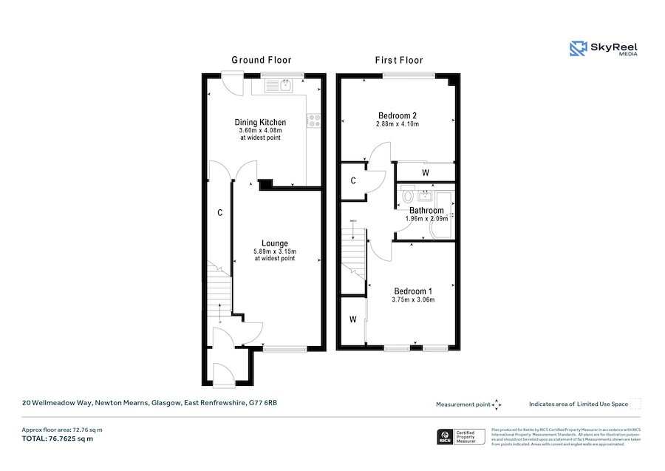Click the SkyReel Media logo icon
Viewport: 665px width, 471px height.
tap(577, 49)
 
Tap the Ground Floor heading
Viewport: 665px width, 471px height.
tap(261, 60)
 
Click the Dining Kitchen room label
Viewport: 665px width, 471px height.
tap(260, 122)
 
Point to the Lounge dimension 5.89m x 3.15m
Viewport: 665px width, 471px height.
tap(274, 251)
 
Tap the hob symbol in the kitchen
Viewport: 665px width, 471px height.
tap(313, 120)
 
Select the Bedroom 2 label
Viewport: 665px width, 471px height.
tap(398, 115)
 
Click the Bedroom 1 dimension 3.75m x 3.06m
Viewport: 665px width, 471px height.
tap(413, 299)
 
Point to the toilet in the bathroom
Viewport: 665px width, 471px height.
tap(407, 197)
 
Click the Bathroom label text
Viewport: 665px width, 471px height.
tap(426, 210)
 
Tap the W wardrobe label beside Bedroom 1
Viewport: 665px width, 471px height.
tap(352, 319)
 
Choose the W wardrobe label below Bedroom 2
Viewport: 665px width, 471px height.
tap(425, 173)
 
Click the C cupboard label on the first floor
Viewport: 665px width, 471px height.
tap(353, 180)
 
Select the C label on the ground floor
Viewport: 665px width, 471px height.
tap(219, 213)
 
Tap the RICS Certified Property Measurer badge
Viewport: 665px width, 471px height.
tap(462, 437)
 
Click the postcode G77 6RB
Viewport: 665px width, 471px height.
tap(264, 403)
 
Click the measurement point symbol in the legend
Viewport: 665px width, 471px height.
tap(497, 404)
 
